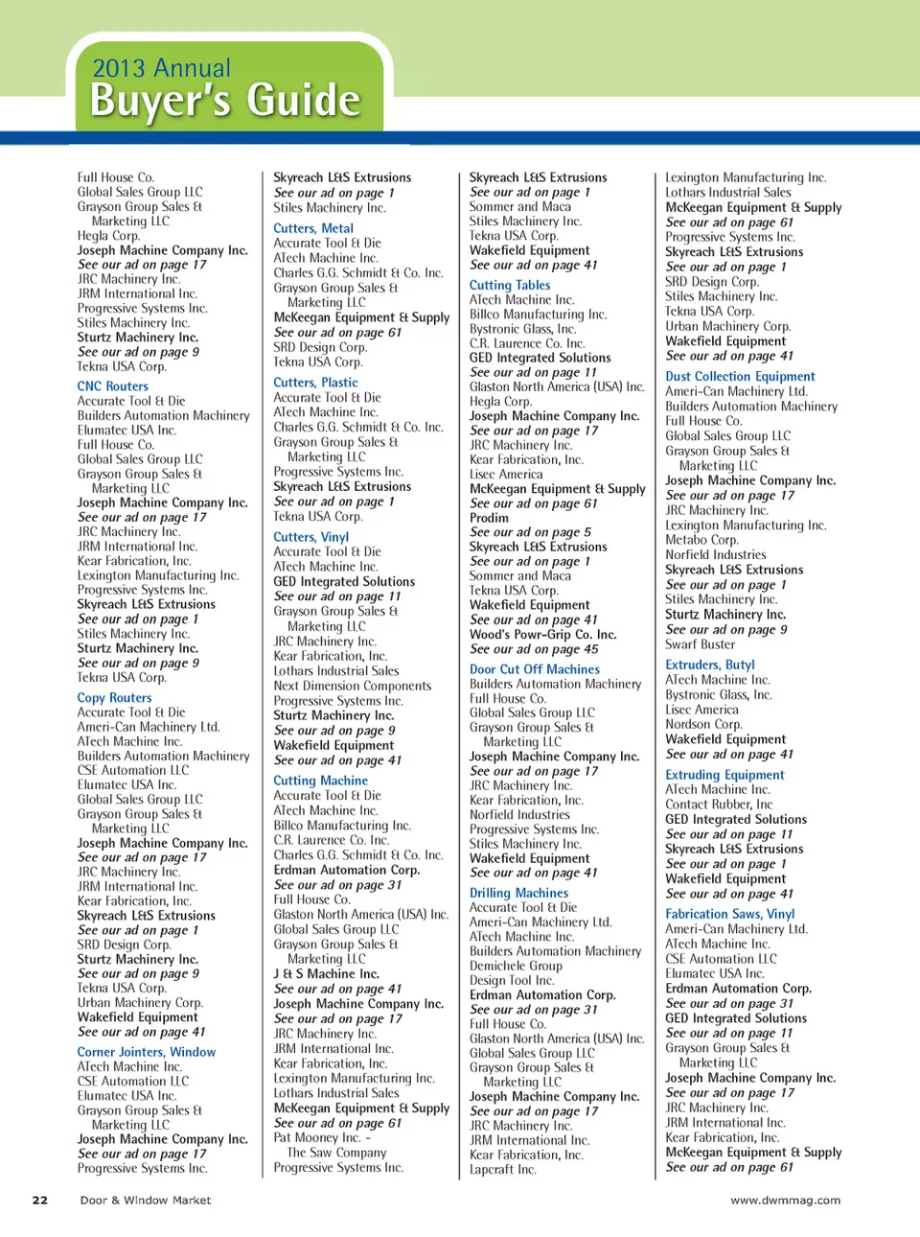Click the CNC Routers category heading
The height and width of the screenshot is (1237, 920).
[x=113, y=386]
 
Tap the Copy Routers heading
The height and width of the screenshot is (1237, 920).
[x=114, y=698]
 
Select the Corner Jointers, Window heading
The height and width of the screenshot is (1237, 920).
[x=146, y=1052]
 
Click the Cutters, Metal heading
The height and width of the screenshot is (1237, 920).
[x=313, y=228]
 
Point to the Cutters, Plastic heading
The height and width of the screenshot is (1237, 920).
[x=315, y=383]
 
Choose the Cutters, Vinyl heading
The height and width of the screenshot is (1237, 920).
[x=310, y=537]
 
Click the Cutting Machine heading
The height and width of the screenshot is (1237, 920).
[x=320, y=781]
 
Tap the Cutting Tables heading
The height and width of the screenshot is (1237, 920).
[x=510, y=285]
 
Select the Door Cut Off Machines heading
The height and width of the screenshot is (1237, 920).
[x=534, y=669]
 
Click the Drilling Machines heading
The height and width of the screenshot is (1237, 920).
[x=518, y=893]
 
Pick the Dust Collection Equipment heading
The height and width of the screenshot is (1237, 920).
[x=740, y=377]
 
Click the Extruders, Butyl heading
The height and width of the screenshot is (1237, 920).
[x=709, y=665]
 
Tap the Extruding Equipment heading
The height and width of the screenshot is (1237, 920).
[x=724, y=775]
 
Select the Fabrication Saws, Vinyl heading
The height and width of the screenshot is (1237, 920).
[x=729, y=915]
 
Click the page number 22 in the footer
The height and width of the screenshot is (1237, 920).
[x=40, y=1200]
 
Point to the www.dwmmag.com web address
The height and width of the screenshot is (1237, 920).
[x=785, y=1200]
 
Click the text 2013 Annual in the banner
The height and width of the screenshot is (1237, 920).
[x=161, y=68]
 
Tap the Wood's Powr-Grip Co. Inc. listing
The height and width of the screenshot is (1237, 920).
[x=542, y=635]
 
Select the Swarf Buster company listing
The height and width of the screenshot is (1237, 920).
[x=700, y=644]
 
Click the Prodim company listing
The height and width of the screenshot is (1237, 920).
[x=489, y=518]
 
